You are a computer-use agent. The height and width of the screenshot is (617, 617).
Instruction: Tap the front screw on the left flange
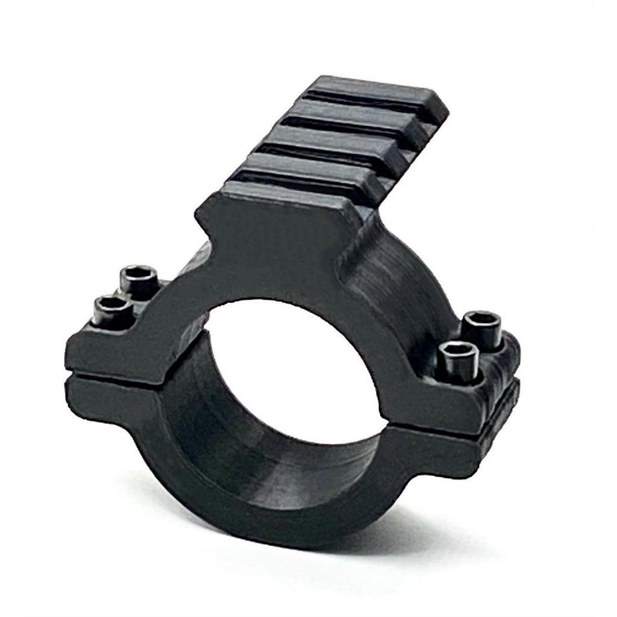click(x=113, y=310)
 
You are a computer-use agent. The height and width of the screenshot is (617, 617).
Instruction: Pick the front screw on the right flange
click(x=459, y=359)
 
